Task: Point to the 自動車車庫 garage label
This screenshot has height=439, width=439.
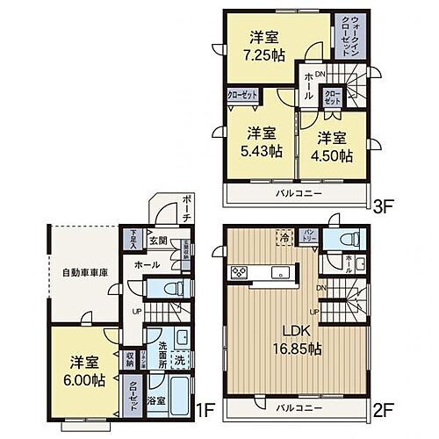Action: tap(84, 273)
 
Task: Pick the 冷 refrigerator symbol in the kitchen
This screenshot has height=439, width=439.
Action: tap(285, 236)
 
